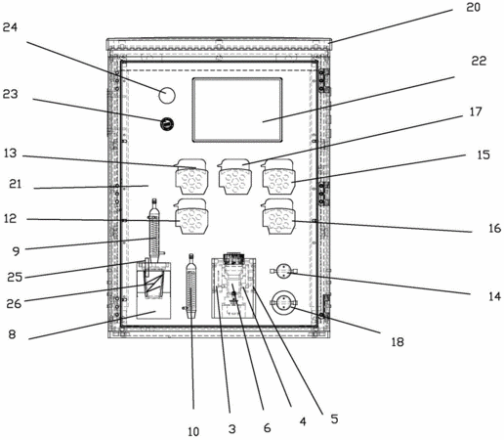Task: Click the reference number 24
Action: tap(10, 27)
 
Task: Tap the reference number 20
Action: tap(473, 7)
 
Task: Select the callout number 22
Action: tap(479, 61)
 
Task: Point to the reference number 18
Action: tap(398, 342)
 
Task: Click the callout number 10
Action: tap(193, 432)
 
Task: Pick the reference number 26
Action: tap(14, 304)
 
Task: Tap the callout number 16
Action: tap(494, 228)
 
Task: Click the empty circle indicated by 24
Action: tap(167, 96)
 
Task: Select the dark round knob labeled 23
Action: tap(167, 124)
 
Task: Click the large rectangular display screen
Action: tap(237, 110)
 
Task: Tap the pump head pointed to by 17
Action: tap(234, 176)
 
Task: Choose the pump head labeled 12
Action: tap(191, 216)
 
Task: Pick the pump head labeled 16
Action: tap(278, 216)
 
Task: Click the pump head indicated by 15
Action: tap(278, 176)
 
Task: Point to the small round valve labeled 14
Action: tap(284, 272)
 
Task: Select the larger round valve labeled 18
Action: tap(284, 303)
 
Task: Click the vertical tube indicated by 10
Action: tap(191, 286)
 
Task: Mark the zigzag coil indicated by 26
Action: tap(154, 283)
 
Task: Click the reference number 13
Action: tap(10, 153)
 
